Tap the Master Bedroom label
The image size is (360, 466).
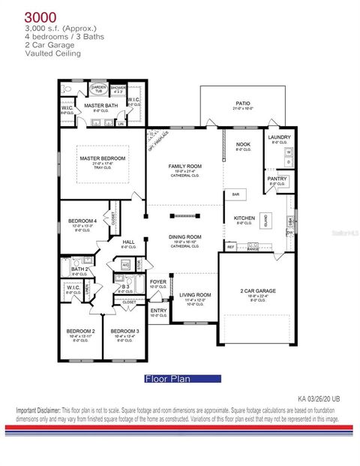pos(103,158)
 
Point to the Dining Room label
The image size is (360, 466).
pos(184,237)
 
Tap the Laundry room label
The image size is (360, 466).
pos(279,137)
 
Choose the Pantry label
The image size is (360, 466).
pos(277,178)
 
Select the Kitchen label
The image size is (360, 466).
pos(244,218)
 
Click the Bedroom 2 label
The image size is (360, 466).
pos(81,330)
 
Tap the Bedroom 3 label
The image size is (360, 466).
pos(124,330)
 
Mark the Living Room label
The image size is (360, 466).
pos(195,295)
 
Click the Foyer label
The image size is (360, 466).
pos(158,281)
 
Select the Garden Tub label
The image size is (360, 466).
pos(99,89)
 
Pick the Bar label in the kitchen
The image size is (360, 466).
pos(235,194)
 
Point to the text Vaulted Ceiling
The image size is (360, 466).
pos(52,53)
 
